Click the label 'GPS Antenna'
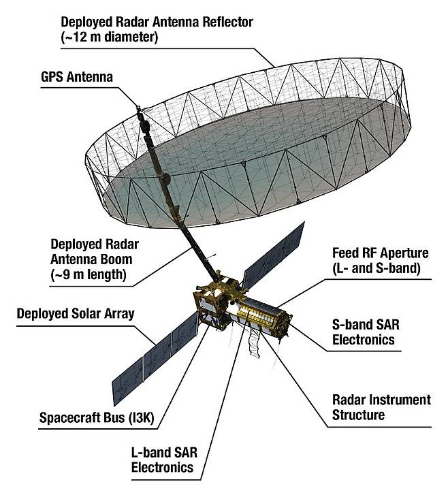[x=77, y=77]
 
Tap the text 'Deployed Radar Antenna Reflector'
[x=157, y=22]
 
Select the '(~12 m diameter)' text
[x=109, y=37]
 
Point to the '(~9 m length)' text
[x=89, y=274]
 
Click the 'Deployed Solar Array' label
[x=76, y=314]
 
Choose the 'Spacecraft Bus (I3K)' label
[x=97, y=417]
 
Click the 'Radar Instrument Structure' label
[x=381, y=407]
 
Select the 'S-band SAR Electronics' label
[x=366, y=332]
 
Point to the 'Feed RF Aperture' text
[x=381, y=253]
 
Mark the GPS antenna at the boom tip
[x=139, y=108]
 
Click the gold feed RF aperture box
[x=264, y=317]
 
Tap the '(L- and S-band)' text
[x=377, y=268]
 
